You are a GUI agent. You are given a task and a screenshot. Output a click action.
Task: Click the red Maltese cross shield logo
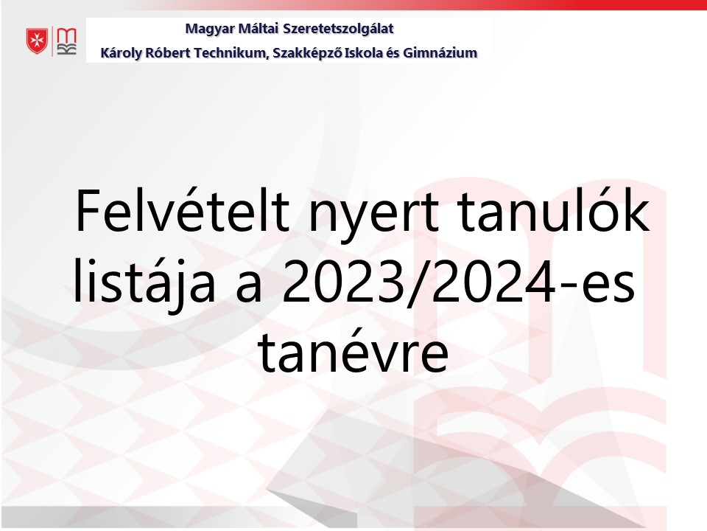37,41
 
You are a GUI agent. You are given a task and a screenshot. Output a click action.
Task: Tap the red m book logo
67,41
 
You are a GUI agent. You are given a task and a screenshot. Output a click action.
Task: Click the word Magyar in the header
210,29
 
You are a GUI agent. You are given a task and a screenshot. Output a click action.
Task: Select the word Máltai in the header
258,29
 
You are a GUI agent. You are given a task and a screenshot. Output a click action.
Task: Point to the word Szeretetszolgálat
338,29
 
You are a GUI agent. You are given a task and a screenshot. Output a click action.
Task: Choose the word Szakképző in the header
308,53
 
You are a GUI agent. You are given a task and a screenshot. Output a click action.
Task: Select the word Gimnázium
440,53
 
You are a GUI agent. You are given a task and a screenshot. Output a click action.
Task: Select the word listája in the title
144,281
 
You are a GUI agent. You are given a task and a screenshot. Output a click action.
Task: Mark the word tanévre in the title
353,353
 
